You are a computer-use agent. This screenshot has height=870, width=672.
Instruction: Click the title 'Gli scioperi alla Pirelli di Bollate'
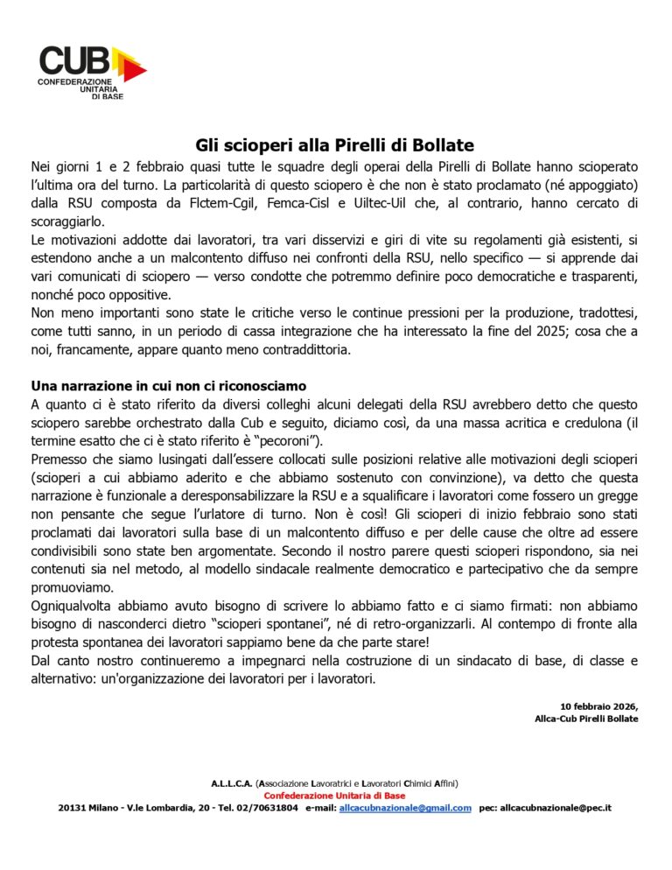[x=334, y=145]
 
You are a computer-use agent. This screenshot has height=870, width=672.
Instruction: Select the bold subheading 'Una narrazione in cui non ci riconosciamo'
[x=168, y=386]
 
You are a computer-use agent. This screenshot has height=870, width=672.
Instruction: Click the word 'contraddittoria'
[x=276, y=349]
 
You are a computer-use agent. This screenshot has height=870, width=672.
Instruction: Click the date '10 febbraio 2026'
[x=599, y=706]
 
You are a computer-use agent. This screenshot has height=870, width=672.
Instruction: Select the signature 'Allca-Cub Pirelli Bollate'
[x=586, y=719]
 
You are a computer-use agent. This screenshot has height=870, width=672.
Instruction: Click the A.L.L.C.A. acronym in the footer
[x=231, y=783]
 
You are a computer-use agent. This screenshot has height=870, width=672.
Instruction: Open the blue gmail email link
[x=404, y=808]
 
